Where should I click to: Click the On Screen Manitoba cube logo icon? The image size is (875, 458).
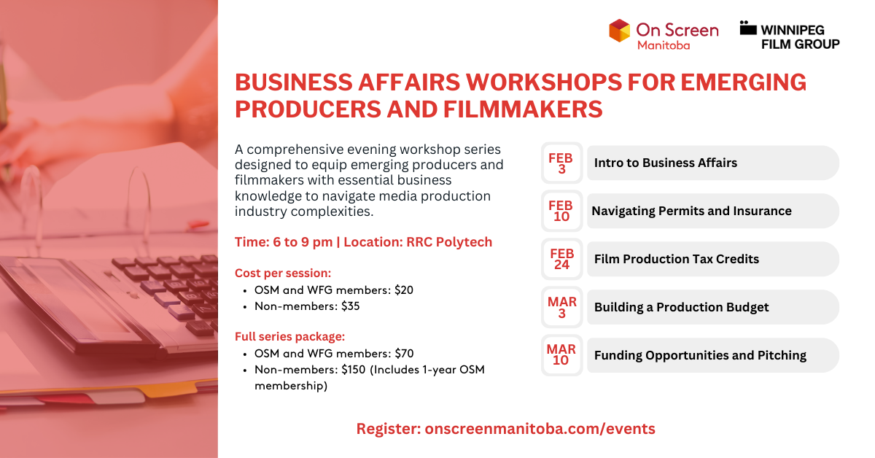pos(619,31)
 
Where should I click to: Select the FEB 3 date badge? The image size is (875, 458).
pos(561,163)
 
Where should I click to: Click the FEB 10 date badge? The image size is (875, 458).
pos(561,211)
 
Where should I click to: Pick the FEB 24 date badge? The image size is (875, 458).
pos(561,259)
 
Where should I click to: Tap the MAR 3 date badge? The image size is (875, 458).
pos(561,307)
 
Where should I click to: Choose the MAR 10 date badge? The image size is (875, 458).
pos(561,355)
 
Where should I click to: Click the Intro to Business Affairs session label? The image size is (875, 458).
pos(665,163)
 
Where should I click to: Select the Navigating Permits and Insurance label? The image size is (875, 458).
pos(691,211)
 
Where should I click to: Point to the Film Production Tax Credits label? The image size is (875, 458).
pos(676,259)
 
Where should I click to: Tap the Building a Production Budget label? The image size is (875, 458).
pos(681,307)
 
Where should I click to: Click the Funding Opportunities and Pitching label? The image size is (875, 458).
pos(700,355)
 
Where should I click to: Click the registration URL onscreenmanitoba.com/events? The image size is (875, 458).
pos(540,429)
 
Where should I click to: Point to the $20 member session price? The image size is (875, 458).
pos(403,290)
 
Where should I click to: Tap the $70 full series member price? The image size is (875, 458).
pos(403,354)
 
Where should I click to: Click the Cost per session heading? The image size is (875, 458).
pos(283,273)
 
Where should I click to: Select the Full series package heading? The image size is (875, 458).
pos(289,337)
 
